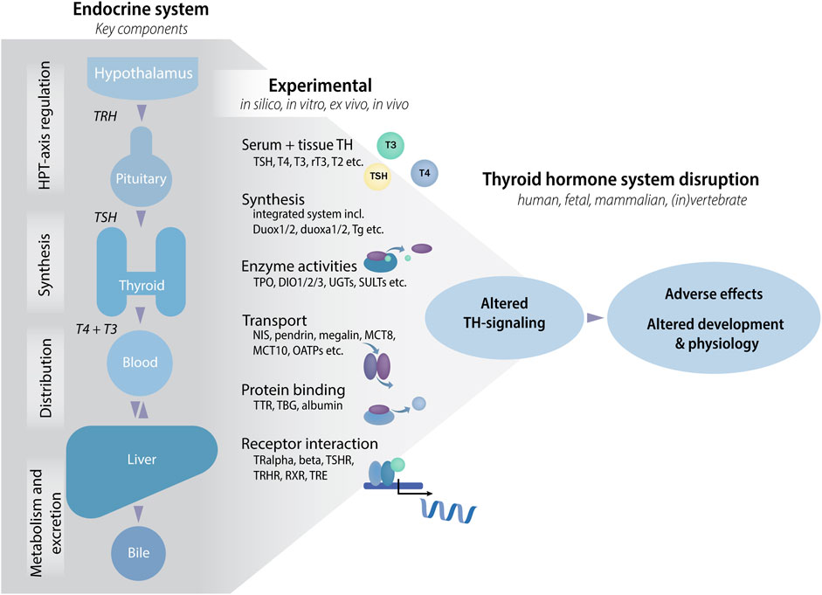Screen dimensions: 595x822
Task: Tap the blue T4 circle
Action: click(x=425, y=172)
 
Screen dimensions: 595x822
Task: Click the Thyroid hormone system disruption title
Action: click(x=620, y=179)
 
